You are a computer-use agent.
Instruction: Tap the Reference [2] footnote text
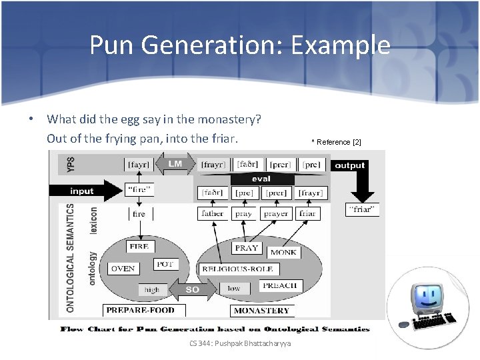tap(337, 142)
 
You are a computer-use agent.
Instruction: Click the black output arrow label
tap(349, 165)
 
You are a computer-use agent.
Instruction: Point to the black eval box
tap(261, 179)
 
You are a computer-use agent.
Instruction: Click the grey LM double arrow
tap(174, 164)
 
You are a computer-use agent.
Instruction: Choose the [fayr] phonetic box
tap(138, 164)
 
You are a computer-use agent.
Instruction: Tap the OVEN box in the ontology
tap(123, 269)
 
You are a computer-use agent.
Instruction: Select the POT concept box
tap(165, 264)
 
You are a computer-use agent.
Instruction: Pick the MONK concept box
tap(283, 253)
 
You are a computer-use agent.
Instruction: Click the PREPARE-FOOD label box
tap(140, 310)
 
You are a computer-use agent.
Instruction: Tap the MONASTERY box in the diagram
tap(261, 310)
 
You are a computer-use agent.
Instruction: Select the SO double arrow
tap(192, 289)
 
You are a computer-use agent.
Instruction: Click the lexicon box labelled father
tap(212, 213)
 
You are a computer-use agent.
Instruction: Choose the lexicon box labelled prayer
tap(276, 213)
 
